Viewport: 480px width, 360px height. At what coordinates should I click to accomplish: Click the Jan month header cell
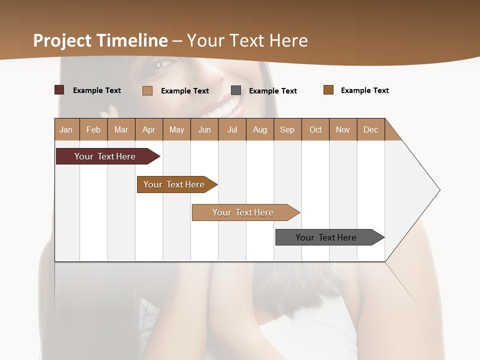click(66, 129)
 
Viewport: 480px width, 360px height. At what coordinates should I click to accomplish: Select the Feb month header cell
click(93, 129)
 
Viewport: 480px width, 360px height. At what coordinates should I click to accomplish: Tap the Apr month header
click(149, 129)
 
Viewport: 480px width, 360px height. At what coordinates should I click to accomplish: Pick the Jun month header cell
click(204, 129)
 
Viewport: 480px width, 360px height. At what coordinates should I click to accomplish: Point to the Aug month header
click(260, 129)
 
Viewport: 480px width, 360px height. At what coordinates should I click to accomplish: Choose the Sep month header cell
click(287, 129)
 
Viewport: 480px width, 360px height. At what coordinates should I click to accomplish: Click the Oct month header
click(315, 129)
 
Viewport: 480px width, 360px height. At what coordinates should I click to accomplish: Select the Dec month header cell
click(371, 129)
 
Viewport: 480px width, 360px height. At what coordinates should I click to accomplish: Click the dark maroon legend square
click(59, 90)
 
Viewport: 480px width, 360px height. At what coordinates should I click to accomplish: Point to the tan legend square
click(147, 90)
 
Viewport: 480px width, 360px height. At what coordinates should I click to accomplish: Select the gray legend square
click(236, 90)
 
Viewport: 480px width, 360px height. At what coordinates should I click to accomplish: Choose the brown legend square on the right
click(328, 90)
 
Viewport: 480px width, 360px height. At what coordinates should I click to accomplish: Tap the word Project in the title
click(62, 40)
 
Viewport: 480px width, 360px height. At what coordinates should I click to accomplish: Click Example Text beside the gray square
click(273, 91)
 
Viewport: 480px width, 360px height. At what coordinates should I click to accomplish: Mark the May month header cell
click(176, 129)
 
